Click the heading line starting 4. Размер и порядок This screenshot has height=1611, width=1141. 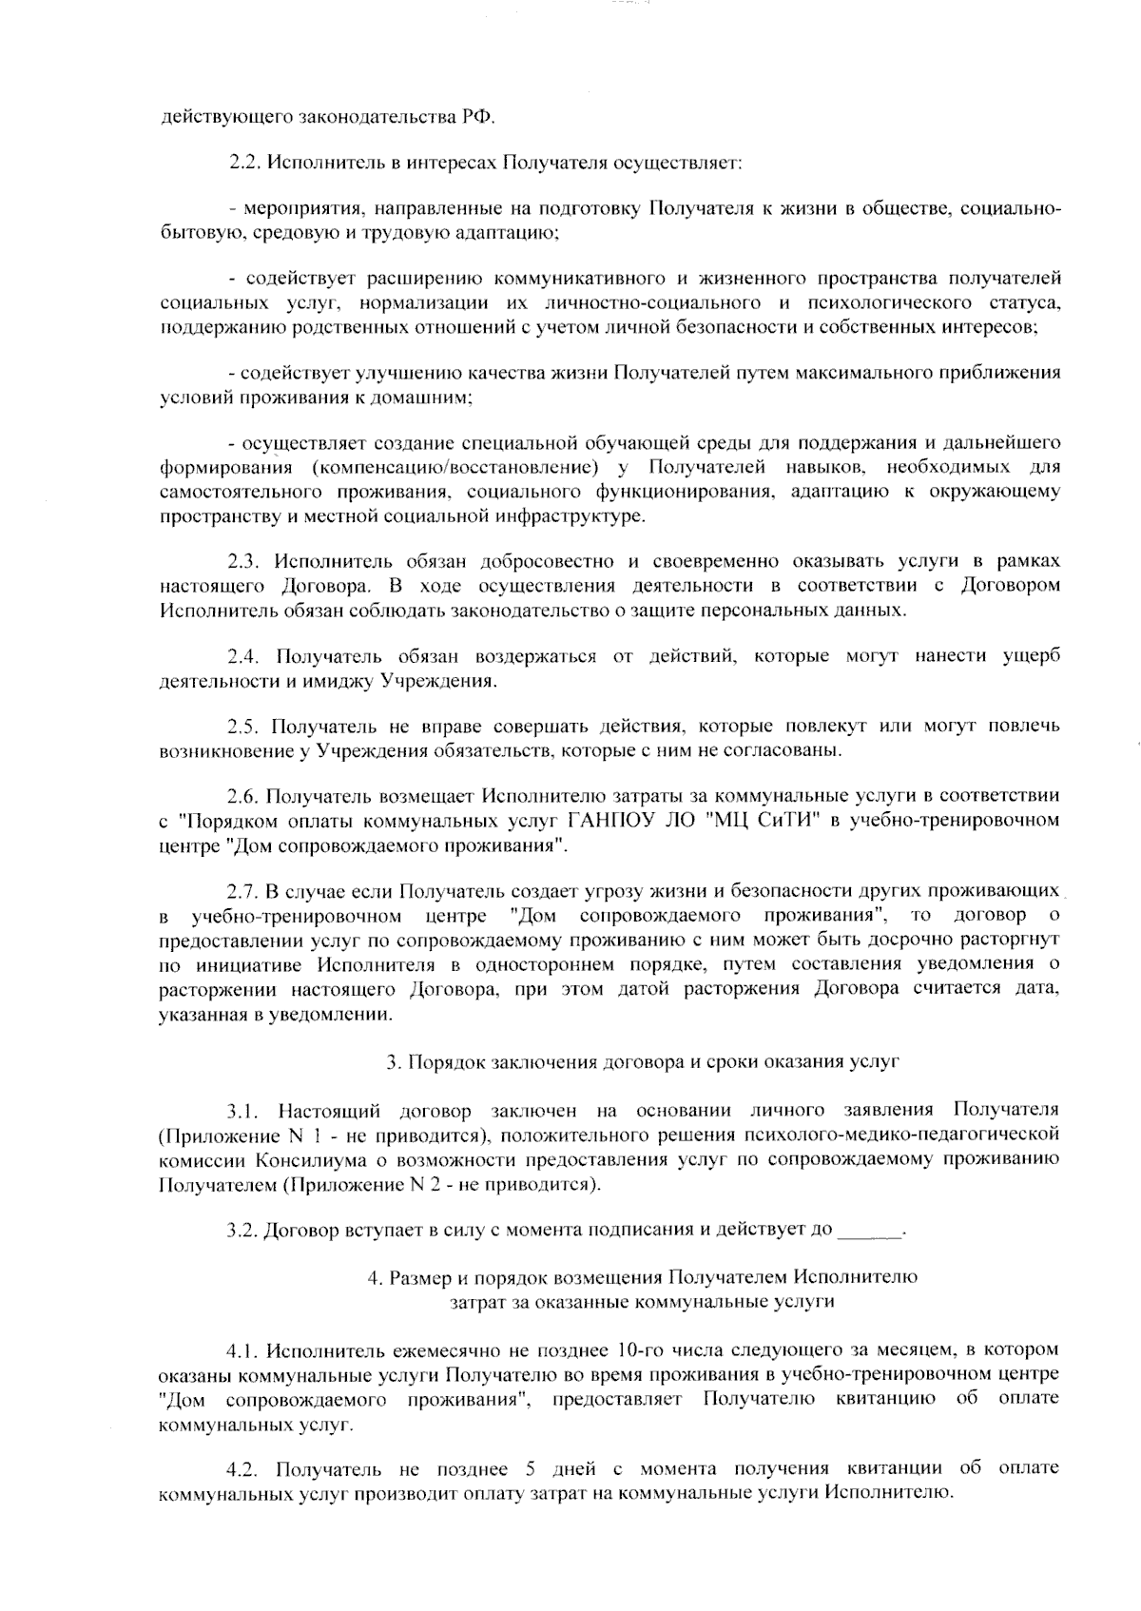click(x=642, y=1277)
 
